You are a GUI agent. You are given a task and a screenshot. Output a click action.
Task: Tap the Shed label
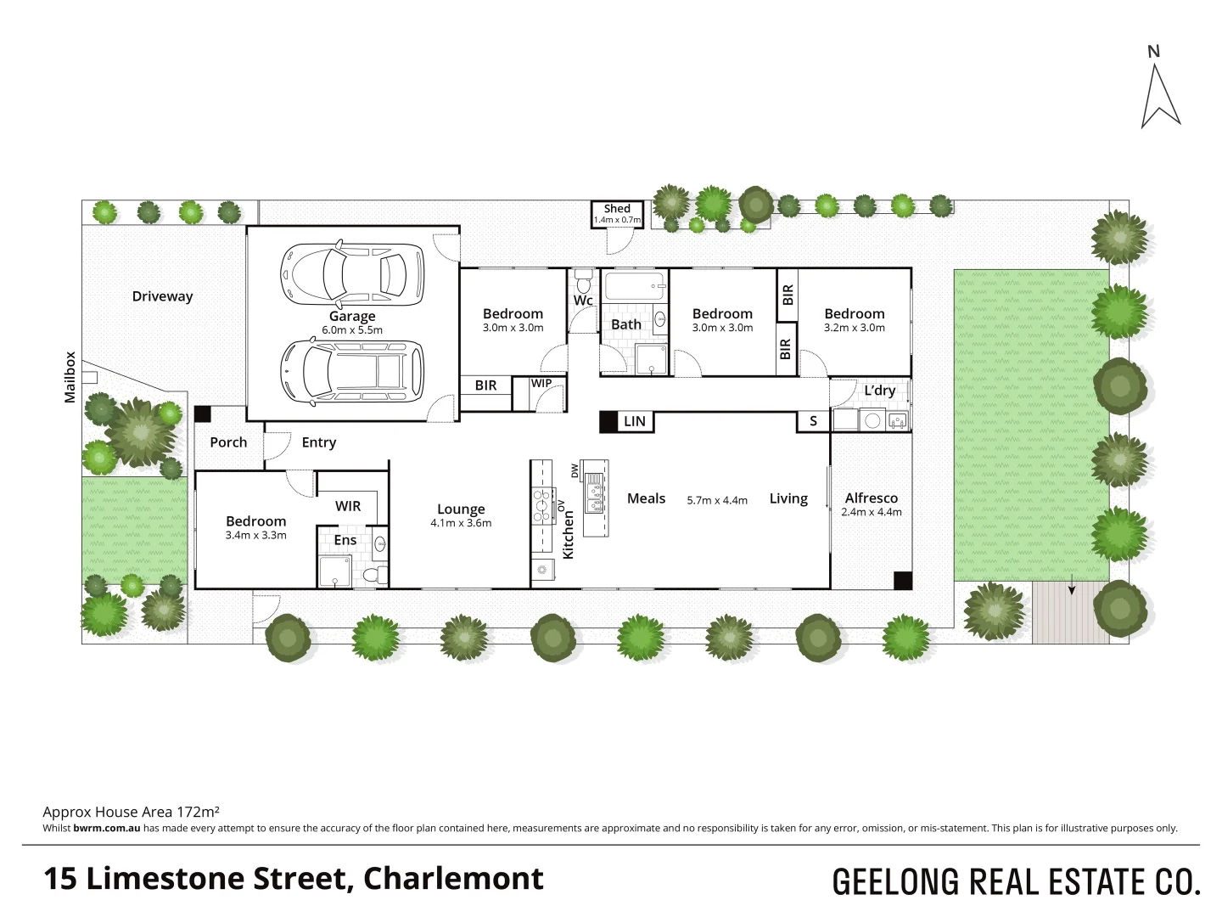(617, 209)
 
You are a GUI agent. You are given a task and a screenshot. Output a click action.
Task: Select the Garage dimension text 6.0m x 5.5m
(352, 330)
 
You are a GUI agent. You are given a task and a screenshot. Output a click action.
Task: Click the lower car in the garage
(351, 371)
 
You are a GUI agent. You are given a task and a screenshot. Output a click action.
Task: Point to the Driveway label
(162, 296)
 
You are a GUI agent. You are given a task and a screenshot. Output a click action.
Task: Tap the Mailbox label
(70, 377)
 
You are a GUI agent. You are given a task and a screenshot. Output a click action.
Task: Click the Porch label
(228, 442)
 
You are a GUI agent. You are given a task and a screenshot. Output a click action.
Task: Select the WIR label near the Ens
(348, 506)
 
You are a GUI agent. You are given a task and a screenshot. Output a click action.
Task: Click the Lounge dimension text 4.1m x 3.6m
(461, 523)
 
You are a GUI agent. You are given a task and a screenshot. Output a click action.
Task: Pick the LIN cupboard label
(635, 421)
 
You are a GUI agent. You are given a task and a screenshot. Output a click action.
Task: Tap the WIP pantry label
(541, 384)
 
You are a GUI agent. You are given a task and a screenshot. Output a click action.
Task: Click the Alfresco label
(871, 498)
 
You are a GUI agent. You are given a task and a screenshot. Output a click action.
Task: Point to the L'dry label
(879, 391)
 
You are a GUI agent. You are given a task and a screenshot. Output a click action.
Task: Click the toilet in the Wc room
(582, 280)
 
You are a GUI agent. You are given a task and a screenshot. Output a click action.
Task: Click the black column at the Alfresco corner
(902, 581)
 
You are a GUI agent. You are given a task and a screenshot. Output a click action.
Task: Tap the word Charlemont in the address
(453, 878)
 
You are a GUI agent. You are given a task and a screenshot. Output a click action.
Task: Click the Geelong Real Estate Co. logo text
(1016, 881)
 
